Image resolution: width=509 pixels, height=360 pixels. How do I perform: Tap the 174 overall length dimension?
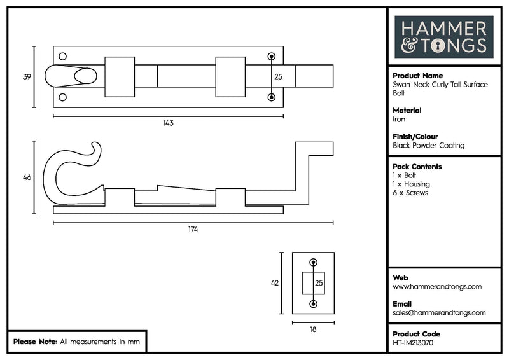pyautogui.click(x=193, y=229)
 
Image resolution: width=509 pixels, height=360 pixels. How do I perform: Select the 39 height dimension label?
pyautogui.click(x=27, y=77)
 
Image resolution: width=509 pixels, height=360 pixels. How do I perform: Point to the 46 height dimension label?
pyautogui.click(x=27, y=177)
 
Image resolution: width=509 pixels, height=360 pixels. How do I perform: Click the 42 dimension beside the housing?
pyautogui.click(x=275, y=284)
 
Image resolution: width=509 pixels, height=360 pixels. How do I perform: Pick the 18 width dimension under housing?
pyautogui.click(x=313, y=329)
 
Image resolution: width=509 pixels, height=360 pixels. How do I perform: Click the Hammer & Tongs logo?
pyautogui.click(x=443, y=37)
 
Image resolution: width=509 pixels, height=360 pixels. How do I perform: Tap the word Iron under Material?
pyautogui.click(x=400, y=119)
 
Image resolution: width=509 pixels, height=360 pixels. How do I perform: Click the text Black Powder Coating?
pyautogui.click(x=429, y=146)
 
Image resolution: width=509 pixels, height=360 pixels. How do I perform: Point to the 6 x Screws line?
pyautogui.click(x=410, y=193)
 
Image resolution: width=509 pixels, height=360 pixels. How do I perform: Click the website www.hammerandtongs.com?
pyautogui.click(x=437, y=287)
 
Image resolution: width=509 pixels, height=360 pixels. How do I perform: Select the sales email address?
pyautogui.click(x=439, y=313)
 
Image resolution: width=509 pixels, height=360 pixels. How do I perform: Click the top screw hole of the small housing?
pyautogui.click(x=312, y=262)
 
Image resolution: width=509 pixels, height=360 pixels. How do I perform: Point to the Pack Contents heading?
pyautogui.click(x=417, y=167)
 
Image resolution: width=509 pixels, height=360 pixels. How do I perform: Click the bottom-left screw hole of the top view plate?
pyautogui.click(x=62, y=97)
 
